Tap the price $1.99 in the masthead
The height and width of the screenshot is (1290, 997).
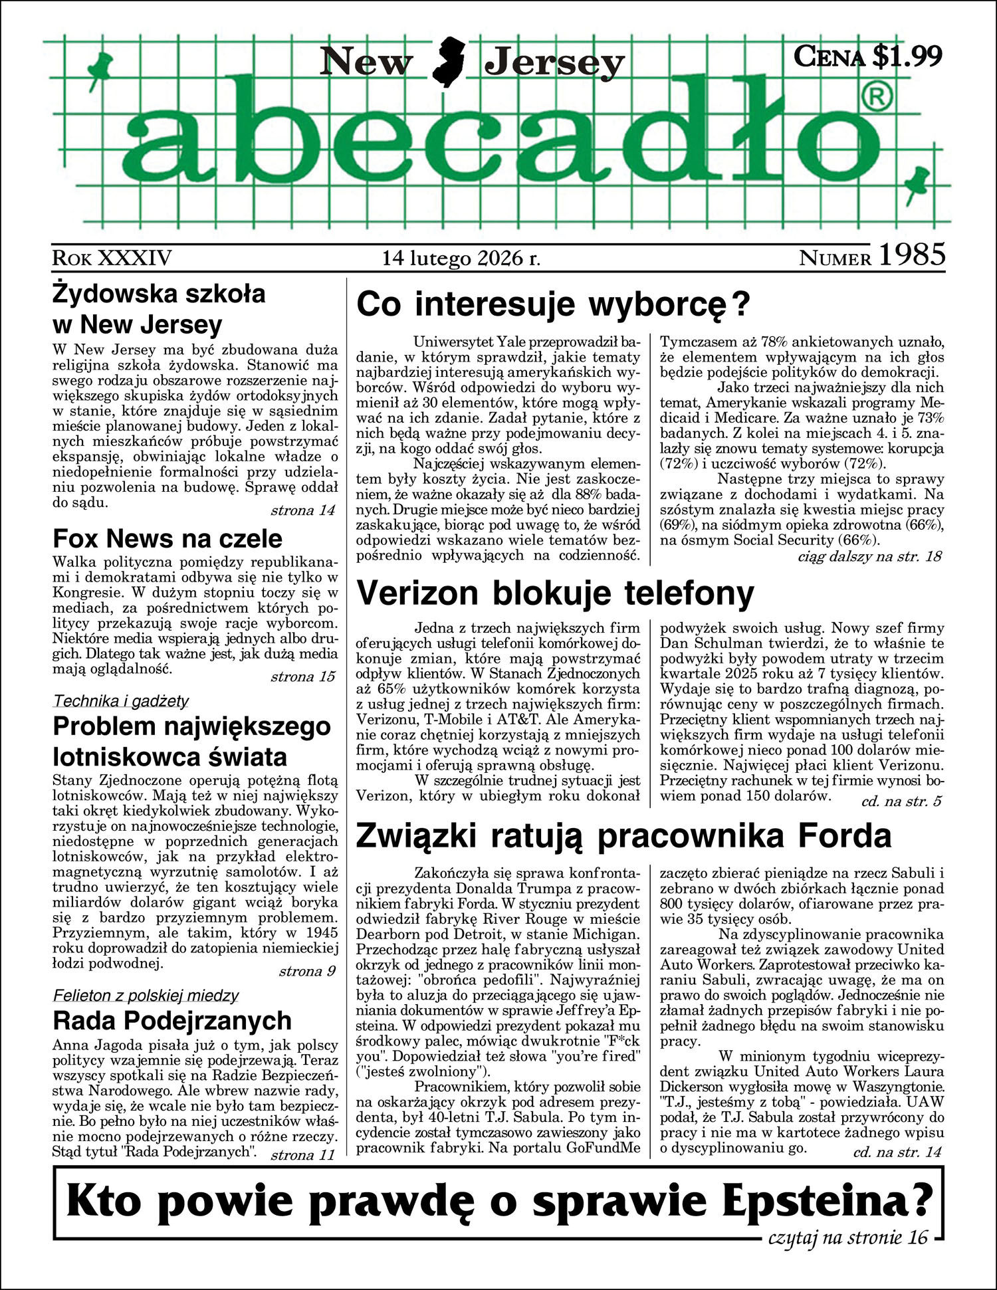pos(907,56)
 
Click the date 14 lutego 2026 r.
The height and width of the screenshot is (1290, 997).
pos(461,258)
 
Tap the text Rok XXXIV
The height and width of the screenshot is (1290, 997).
pos(112,258)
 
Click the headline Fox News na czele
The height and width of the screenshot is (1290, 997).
pos(167,538)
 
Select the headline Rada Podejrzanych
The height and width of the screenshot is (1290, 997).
pos(172,1020)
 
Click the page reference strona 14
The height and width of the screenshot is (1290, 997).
pos(303,510)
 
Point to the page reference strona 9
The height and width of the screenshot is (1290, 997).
pos(307,971)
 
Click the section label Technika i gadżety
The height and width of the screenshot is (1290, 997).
pos(121,700)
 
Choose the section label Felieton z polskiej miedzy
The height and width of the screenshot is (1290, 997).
pos(146,996)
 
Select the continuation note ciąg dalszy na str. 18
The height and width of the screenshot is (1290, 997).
pos(869,556)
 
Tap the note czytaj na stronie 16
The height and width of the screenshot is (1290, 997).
pos(847,1237)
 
